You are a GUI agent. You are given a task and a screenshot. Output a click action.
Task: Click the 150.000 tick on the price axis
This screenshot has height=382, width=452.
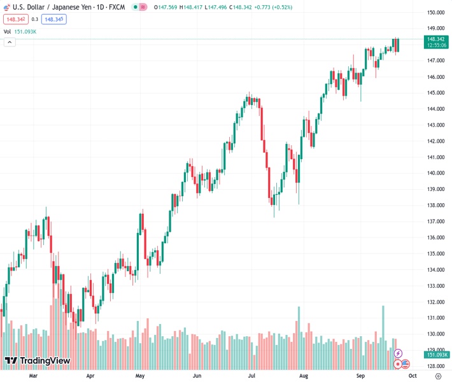pyautogui.click(x=435, y=13)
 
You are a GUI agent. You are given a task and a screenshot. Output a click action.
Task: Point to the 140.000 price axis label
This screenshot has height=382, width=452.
pyautogui.click(x=435, y=173)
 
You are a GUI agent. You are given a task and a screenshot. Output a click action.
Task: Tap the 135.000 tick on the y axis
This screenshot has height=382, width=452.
pyautogui.click(x=435, y=253)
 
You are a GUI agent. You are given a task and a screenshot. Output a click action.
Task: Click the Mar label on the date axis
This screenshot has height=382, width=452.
pyautogui.click(x=34, y=376)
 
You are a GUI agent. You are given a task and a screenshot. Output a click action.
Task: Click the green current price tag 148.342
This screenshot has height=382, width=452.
pyautogui.click(x=436, y=39)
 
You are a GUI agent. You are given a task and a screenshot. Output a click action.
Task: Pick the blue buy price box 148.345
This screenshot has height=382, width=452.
pyautogui.click(x=54, y=19)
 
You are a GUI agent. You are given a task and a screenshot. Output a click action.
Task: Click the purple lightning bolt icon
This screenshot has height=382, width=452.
pyautogui.click(x=399, y=353)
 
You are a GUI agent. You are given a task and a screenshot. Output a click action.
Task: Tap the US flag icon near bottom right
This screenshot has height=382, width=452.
pyautogui.click(x=406, y=364)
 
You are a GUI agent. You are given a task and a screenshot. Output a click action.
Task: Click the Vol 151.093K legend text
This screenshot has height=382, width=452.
pyautogui.click(x=20, y=31)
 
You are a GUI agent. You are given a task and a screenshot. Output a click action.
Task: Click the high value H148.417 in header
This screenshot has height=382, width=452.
pyautogui.click(x=189, y=6)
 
